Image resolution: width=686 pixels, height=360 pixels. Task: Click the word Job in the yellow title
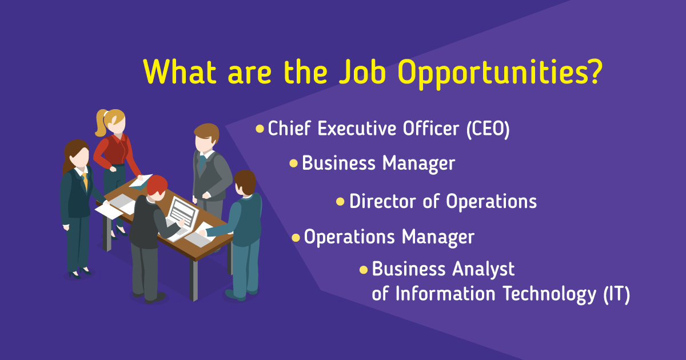[362, 71]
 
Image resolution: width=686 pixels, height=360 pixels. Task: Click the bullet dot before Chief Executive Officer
[260, 129]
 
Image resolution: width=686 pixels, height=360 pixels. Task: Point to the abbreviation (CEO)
[488, 129]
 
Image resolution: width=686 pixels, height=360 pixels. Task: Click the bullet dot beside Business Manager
[293, 163]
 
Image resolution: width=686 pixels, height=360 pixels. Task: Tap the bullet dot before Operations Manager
[296, 238]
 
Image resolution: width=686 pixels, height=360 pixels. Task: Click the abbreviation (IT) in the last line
[617, 294]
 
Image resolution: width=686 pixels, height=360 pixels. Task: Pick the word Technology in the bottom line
[549, 295]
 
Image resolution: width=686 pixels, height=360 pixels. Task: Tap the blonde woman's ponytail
[101, 123]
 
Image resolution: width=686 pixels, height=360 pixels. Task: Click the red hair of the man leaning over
[157, 185]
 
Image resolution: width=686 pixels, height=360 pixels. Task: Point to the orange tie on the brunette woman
[85, 181]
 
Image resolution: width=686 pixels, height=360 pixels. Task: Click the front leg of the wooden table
[194, 280]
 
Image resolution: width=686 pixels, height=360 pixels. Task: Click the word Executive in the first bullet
[357, 128]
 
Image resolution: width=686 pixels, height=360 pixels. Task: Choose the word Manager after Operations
[438, 238]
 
